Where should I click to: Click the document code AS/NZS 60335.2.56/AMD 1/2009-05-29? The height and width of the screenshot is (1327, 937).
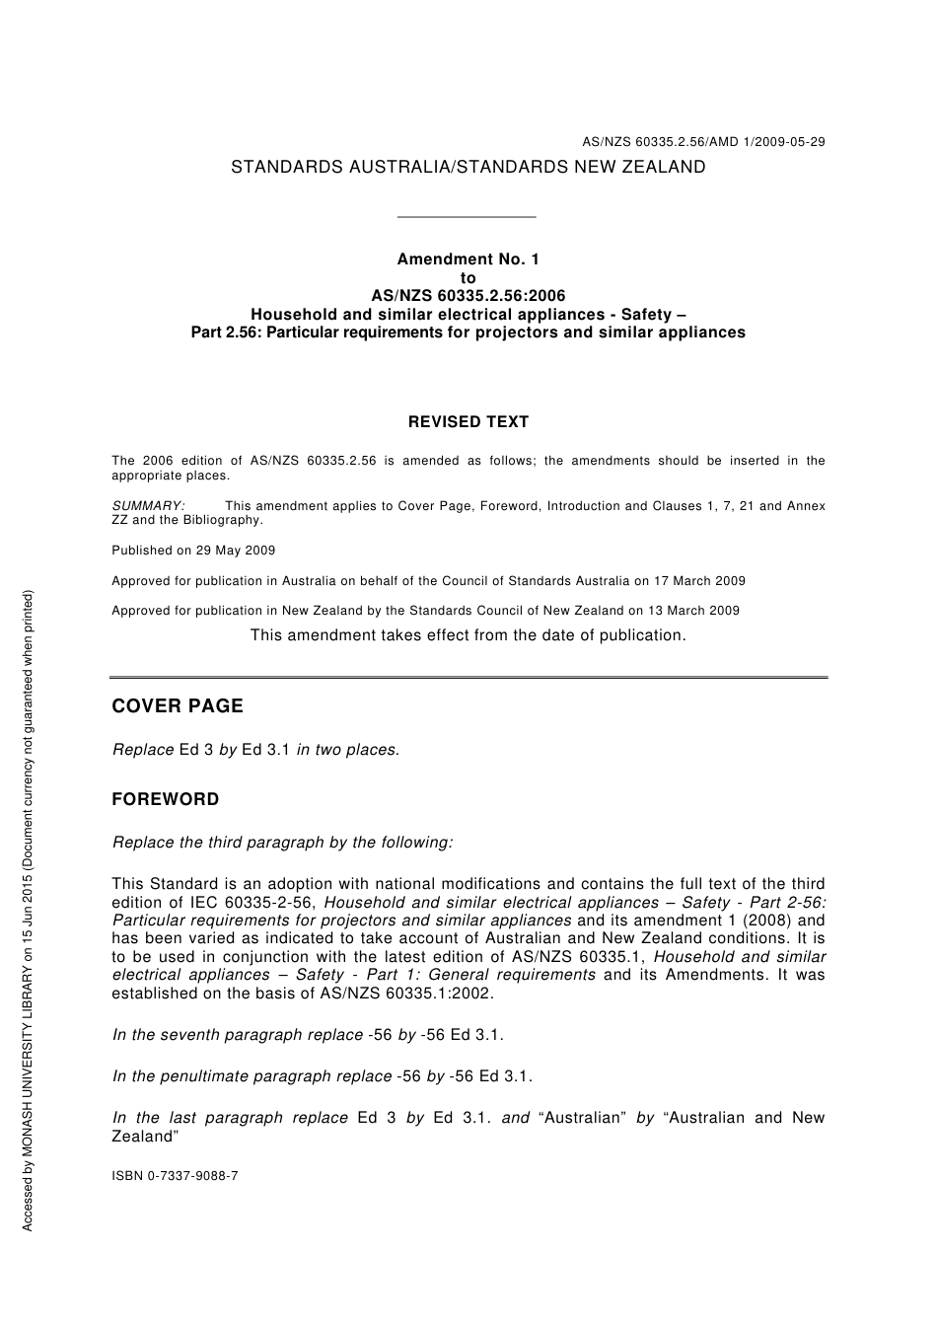[703, 142]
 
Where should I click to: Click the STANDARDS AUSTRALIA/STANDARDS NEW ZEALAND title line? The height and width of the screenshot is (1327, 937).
[468, 168]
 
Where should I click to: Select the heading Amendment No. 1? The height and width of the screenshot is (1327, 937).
[468, 259]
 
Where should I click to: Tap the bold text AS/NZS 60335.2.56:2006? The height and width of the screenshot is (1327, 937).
[468, 296]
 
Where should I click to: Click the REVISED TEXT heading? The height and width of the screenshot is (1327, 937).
[468, 422]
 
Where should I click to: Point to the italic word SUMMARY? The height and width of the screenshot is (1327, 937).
[148, 506]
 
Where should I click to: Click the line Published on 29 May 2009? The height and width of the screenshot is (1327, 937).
[193, 551]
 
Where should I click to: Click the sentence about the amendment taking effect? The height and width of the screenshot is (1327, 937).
[468, 635]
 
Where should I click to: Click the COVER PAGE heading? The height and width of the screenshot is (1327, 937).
[178, 706]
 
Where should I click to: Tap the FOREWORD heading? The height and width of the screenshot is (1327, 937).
[166, 799]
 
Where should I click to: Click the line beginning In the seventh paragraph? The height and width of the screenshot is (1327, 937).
[308, 1035]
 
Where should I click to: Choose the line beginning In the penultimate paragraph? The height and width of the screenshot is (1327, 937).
[323, 1076]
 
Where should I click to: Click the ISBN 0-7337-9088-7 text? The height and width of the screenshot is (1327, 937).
[175, 1176]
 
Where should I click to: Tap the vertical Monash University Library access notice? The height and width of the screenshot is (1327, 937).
[28, 910]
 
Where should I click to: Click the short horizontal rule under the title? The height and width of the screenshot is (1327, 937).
[466, 217]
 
